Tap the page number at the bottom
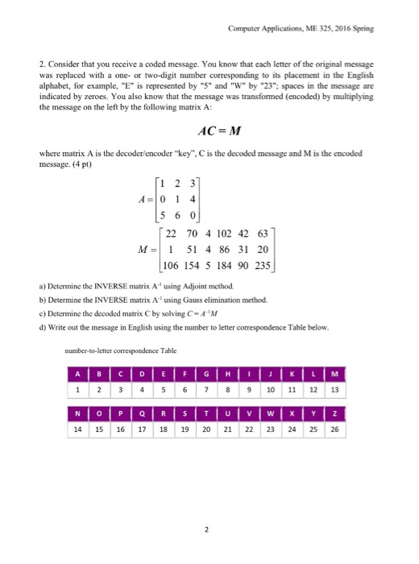208,530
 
